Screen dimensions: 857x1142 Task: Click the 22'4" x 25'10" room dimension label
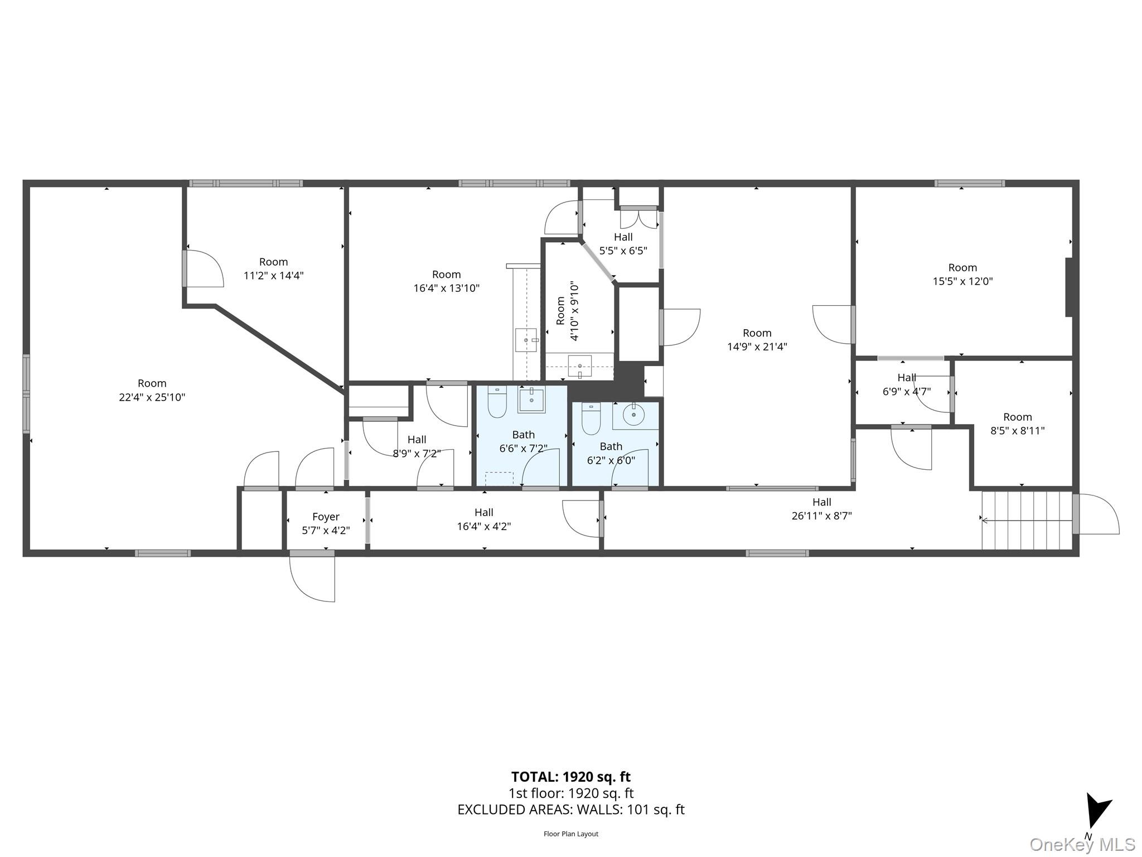click(152, 397)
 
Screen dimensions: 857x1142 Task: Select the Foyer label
click(326, 517)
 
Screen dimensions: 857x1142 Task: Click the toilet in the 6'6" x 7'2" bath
click(497, 402)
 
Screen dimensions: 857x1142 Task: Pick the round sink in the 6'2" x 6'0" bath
click(633, 415)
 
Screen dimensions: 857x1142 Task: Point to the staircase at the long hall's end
click(1027, 520)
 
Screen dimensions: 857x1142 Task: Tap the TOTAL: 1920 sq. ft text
click(570, 777)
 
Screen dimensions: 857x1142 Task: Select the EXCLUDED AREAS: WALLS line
click(570, 810)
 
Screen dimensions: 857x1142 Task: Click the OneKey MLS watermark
click(1082, 845)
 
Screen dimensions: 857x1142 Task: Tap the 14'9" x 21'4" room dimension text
click(757, 346)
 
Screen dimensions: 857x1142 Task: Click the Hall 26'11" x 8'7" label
click(821, 509)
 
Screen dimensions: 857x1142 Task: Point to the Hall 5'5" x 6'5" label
click(623, 244)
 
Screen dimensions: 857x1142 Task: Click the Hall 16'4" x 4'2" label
click(483, 519)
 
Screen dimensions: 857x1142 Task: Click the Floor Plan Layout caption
click(570, 834)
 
